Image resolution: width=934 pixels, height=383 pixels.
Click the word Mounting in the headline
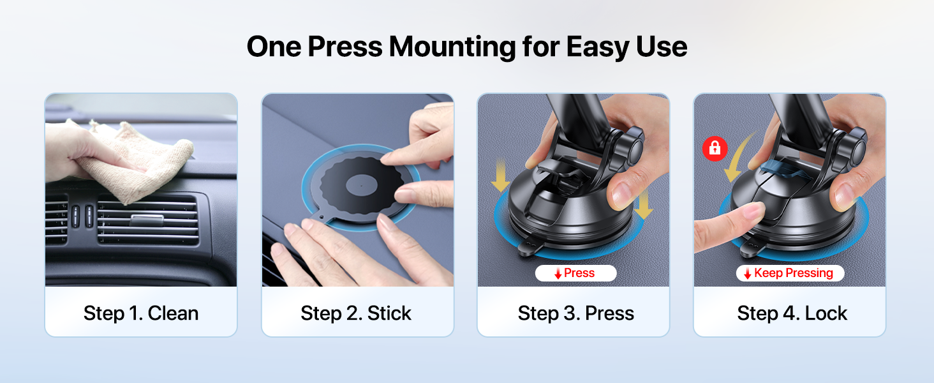[x=452, y=47]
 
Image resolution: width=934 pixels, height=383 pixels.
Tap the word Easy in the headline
[x=597, y=47]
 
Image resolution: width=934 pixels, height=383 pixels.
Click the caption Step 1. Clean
[x=141, y=313]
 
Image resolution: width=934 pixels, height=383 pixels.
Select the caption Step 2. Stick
[x=356, y=314]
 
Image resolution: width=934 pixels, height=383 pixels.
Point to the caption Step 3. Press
[x=576, y=313]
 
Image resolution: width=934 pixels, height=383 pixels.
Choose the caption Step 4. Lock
[x=792, y=313]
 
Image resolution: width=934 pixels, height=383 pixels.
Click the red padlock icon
[x=715, y=148]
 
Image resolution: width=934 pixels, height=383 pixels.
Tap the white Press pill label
[x=575, y=273]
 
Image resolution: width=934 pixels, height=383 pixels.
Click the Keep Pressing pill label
[x=790, y=273]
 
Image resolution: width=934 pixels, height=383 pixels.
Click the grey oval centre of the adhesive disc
[x=362, y=185]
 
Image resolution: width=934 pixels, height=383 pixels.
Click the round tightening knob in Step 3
[x=632, y=147]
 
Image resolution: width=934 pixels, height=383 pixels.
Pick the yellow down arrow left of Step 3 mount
[x=500, y=176]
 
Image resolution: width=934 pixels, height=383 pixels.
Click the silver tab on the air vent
[x=147, y=220]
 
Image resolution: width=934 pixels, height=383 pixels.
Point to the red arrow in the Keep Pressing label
[x=747, y=274]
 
